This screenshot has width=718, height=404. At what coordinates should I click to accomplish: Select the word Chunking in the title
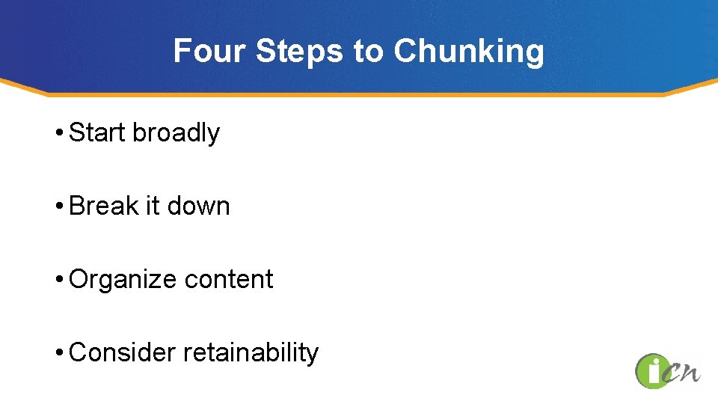[x=469, y=52]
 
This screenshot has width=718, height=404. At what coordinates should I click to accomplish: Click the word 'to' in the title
[x=367, y=52]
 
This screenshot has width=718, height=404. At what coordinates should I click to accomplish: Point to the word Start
[x=97, y=133]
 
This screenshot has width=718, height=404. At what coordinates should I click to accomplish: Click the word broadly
[x=177, y=133]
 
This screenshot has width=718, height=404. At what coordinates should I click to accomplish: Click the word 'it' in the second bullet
[x=153, y=206]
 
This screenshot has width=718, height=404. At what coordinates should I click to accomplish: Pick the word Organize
[x=123, y=279]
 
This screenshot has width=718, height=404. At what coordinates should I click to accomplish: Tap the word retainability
[x=251, y=352]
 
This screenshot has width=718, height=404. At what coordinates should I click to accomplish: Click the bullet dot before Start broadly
[x=58, y=134]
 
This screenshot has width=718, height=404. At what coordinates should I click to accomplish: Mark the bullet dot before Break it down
[x=58, y=206]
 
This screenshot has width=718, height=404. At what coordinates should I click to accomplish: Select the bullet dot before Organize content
[x=58, y=280]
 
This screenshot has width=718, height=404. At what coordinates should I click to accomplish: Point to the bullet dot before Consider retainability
[x=58, y=353]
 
